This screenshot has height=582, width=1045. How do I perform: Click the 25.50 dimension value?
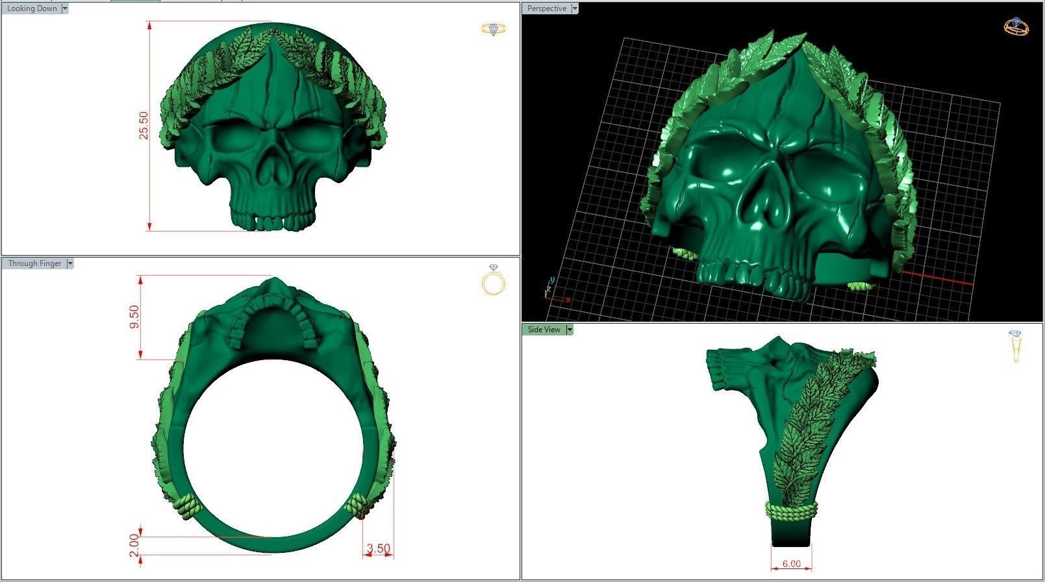[x=144, y=125]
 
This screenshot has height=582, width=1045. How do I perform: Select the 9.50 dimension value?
[x=134, y=317]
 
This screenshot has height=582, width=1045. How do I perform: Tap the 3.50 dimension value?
[x=378, y=548]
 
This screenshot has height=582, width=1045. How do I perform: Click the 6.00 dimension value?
[x=791, y=564]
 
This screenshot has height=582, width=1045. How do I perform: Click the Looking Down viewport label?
[x=32, y=8]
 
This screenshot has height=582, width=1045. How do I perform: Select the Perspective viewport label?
[x=546, y=8]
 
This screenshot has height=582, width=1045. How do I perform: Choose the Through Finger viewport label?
[x=34, y=263]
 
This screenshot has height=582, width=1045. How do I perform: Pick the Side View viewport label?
[x=544, y=330]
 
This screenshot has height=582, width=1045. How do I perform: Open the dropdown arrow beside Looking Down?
[x=65, y=8]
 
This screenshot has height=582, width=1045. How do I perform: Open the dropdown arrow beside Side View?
[x=570, y=330]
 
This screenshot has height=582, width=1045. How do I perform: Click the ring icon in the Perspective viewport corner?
[x=1016, y=26]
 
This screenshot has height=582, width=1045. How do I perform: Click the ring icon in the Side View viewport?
[x=1016, y=346]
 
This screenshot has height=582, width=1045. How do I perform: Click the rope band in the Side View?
[x=791, y=510]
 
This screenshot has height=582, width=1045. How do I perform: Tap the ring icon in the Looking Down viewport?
[x=493, y=29]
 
